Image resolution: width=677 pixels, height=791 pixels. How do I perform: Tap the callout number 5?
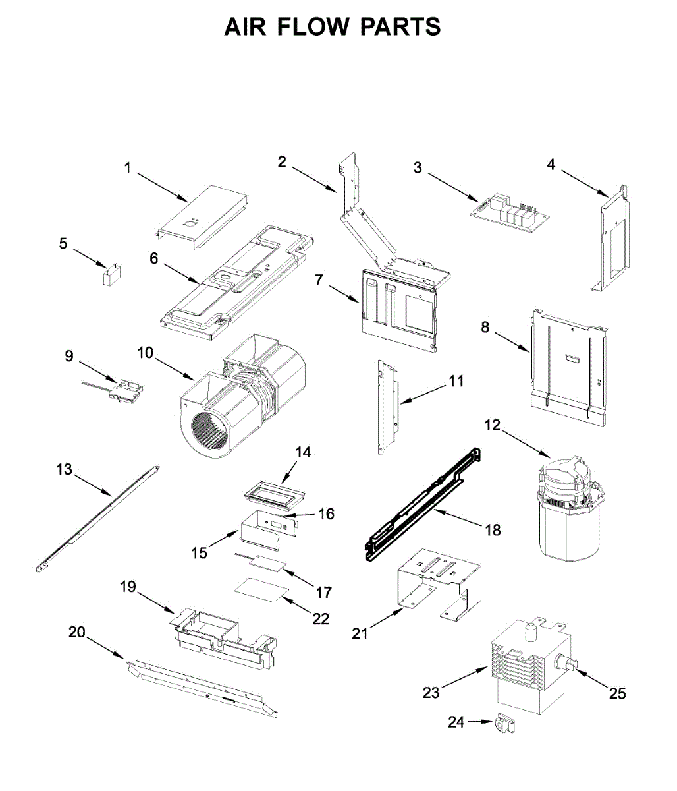coord(63,244)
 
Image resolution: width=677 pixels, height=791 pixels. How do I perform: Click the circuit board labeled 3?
coord(510,212)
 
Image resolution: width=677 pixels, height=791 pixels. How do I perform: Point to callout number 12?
coord(493,425)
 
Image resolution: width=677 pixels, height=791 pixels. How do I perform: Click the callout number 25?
coord(617,693)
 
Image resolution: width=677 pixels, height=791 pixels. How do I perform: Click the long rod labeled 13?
coord(99,517)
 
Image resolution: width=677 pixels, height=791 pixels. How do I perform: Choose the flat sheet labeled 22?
coord(262,588)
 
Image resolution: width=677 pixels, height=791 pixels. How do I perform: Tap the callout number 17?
coord(323,592)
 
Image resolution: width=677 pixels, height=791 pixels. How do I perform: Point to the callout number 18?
coord(492,529)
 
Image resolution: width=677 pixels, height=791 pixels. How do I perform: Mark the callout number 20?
coord(77,632)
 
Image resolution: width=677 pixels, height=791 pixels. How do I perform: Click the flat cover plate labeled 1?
coord(201,214)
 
